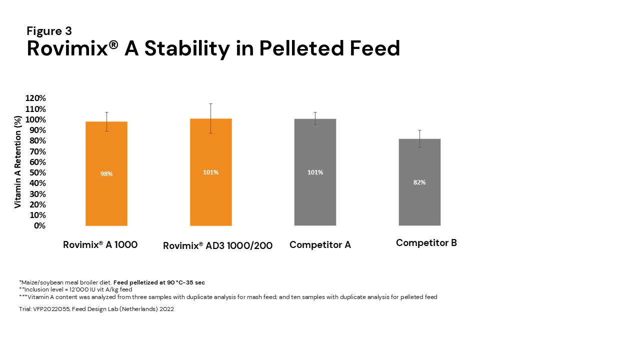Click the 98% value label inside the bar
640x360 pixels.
coord(106,174)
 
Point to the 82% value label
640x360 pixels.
coord(419,182)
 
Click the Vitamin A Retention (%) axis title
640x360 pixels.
coord(18,162)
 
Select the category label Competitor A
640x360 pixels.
coord(320,245)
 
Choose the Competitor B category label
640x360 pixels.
coord(426,243)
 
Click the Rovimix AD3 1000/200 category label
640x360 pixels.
coord(217,245)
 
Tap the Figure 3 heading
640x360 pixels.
coord(49,31)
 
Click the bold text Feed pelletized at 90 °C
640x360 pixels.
coord(159,282)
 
